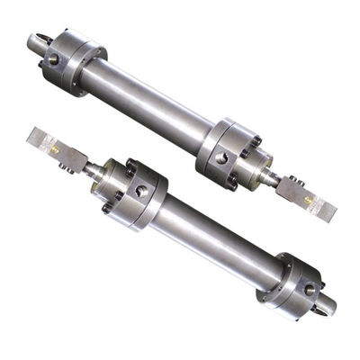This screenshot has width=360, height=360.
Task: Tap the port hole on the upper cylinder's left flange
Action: coord(55,59)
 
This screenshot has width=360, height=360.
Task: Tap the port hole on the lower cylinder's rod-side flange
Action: coord(139,192)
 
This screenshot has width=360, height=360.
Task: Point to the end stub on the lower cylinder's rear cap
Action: coord(324,307)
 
